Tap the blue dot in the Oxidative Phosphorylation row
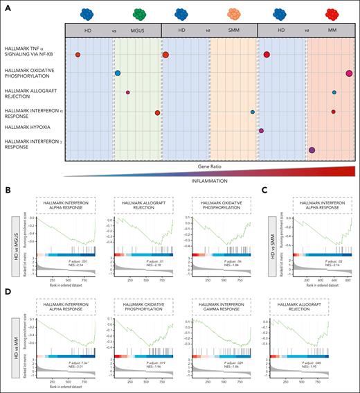point(118,73)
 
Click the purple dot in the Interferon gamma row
point(312,150)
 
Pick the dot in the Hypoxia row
point(261,130)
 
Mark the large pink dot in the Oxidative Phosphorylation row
point(349,73)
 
